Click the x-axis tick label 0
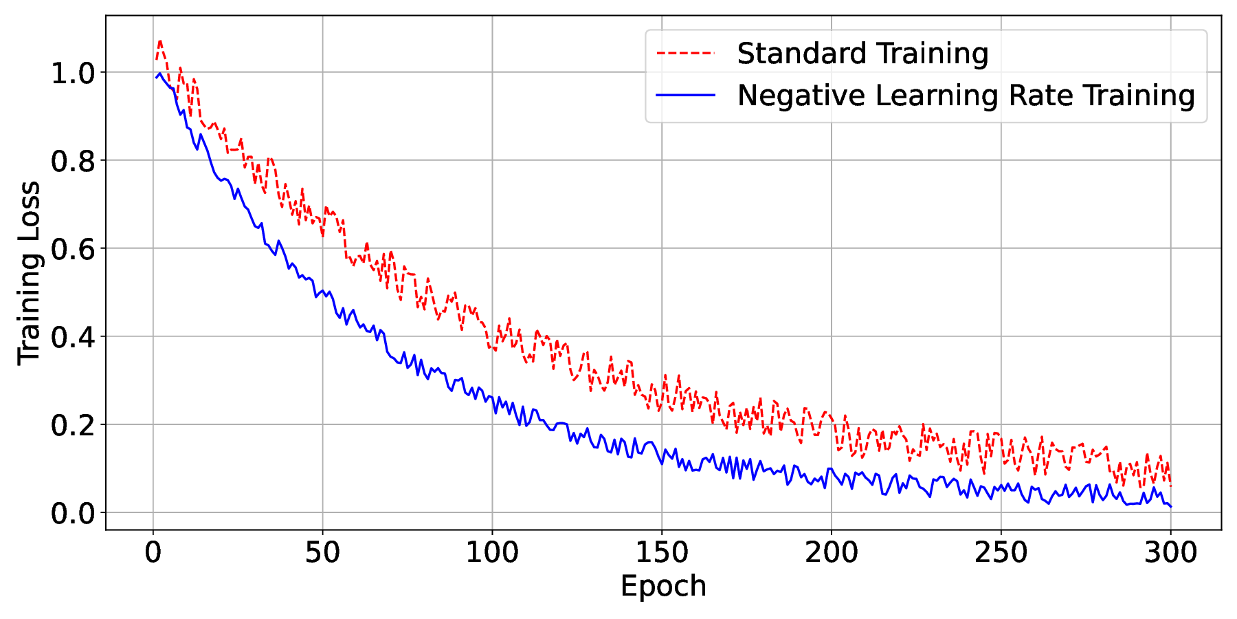click(153, 553)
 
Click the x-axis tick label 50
click(322, 553)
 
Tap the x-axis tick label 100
click(492, 553)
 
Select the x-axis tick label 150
click(662, 553)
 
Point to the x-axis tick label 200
click(832, 553)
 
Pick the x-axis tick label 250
click(1001, 553)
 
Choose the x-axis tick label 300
click(1170, 553)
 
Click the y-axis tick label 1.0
click(73, 73)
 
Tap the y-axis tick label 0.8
click(73, 161)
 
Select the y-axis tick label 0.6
click(73, 249)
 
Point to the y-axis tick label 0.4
click(73, 337)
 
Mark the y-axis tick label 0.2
click(73, 425)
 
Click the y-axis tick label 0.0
click(73, 513)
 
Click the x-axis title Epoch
click(663, 587)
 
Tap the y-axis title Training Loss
click(30, 273)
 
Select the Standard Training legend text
click(862, 54)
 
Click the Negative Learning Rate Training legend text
click(966, 96)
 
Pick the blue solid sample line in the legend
click(685, 96)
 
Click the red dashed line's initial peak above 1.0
click(159, 41)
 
